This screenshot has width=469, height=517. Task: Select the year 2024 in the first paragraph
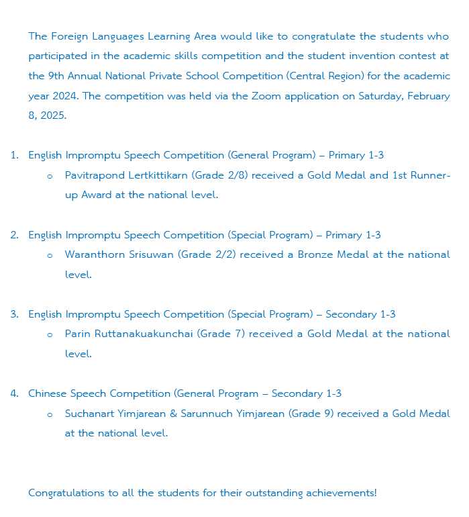[x=64, y=96]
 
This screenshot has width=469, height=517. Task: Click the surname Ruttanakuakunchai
[x=142, y=334]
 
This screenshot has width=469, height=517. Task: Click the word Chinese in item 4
[x=48, y=393]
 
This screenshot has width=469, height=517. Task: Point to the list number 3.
[x=13, y=314]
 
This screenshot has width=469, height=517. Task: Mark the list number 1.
[x=13, y=156]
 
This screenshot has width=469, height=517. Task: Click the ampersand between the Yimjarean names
[x=173, y=414]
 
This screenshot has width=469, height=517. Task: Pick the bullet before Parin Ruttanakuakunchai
[x=50, y=335]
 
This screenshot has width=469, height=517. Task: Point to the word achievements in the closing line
[x=341, y=493]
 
